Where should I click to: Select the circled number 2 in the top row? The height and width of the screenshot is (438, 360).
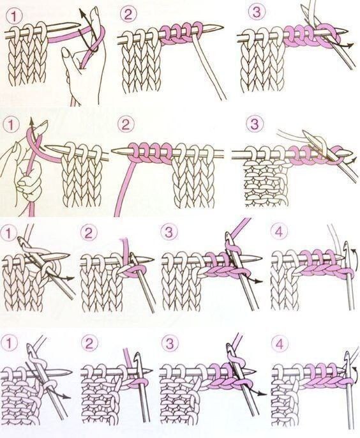128,14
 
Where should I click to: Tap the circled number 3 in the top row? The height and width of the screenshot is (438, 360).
255,13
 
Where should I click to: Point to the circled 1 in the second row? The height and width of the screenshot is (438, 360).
11,125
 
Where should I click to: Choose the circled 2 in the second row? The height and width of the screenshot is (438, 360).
126,125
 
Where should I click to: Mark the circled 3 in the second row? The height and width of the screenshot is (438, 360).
255,124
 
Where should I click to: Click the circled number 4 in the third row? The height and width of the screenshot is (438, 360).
280,232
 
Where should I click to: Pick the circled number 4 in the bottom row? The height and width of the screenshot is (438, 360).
280,344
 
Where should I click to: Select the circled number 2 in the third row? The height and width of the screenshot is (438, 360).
89,232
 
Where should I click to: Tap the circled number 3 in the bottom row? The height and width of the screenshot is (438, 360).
170,344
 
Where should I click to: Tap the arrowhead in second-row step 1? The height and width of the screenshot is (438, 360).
31,121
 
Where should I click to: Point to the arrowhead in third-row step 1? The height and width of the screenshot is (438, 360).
71,278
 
